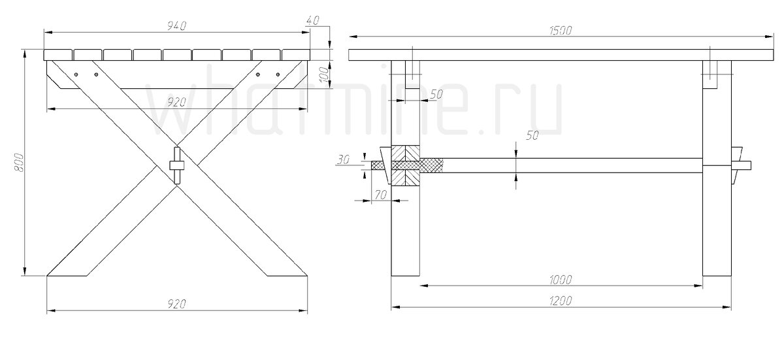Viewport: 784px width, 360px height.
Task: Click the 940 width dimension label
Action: (x=177, y=25)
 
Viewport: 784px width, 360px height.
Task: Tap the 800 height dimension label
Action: (x=19, y=163)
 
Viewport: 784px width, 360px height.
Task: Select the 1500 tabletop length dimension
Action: (x=561, y=30)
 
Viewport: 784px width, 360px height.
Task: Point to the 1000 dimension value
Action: (x=561, y=280)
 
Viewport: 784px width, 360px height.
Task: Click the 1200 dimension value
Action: (x=561, y=301)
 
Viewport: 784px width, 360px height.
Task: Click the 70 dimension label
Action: (x=379, y=194)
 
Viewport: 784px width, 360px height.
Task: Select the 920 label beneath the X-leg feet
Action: (x=177, y=304)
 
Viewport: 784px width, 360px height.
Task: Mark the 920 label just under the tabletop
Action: (x=177, y=102)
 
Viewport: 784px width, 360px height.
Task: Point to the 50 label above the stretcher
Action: (x=532, y=136)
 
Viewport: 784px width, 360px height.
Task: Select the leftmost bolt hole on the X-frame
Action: (x=76, y=75)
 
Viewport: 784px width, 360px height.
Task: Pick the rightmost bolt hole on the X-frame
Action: (x=278, y=75)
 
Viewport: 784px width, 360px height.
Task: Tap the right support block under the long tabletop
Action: (x=711, y=74)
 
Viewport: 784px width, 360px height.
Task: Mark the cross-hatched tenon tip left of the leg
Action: (x=381, y=165)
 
